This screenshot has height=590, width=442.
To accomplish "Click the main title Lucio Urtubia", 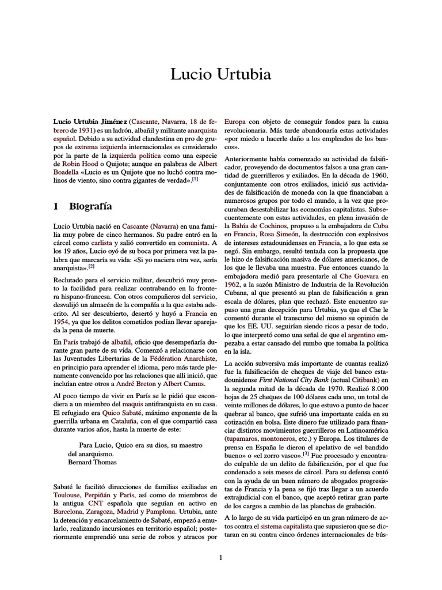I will click(x=221, y=75).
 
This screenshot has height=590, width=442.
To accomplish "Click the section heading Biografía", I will click(x=90, y=206).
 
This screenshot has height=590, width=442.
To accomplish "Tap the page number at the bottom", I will click(x=221, y=557).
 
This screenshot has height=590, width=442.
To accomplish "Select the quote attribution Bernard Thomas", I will click(x=92, y=462).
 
